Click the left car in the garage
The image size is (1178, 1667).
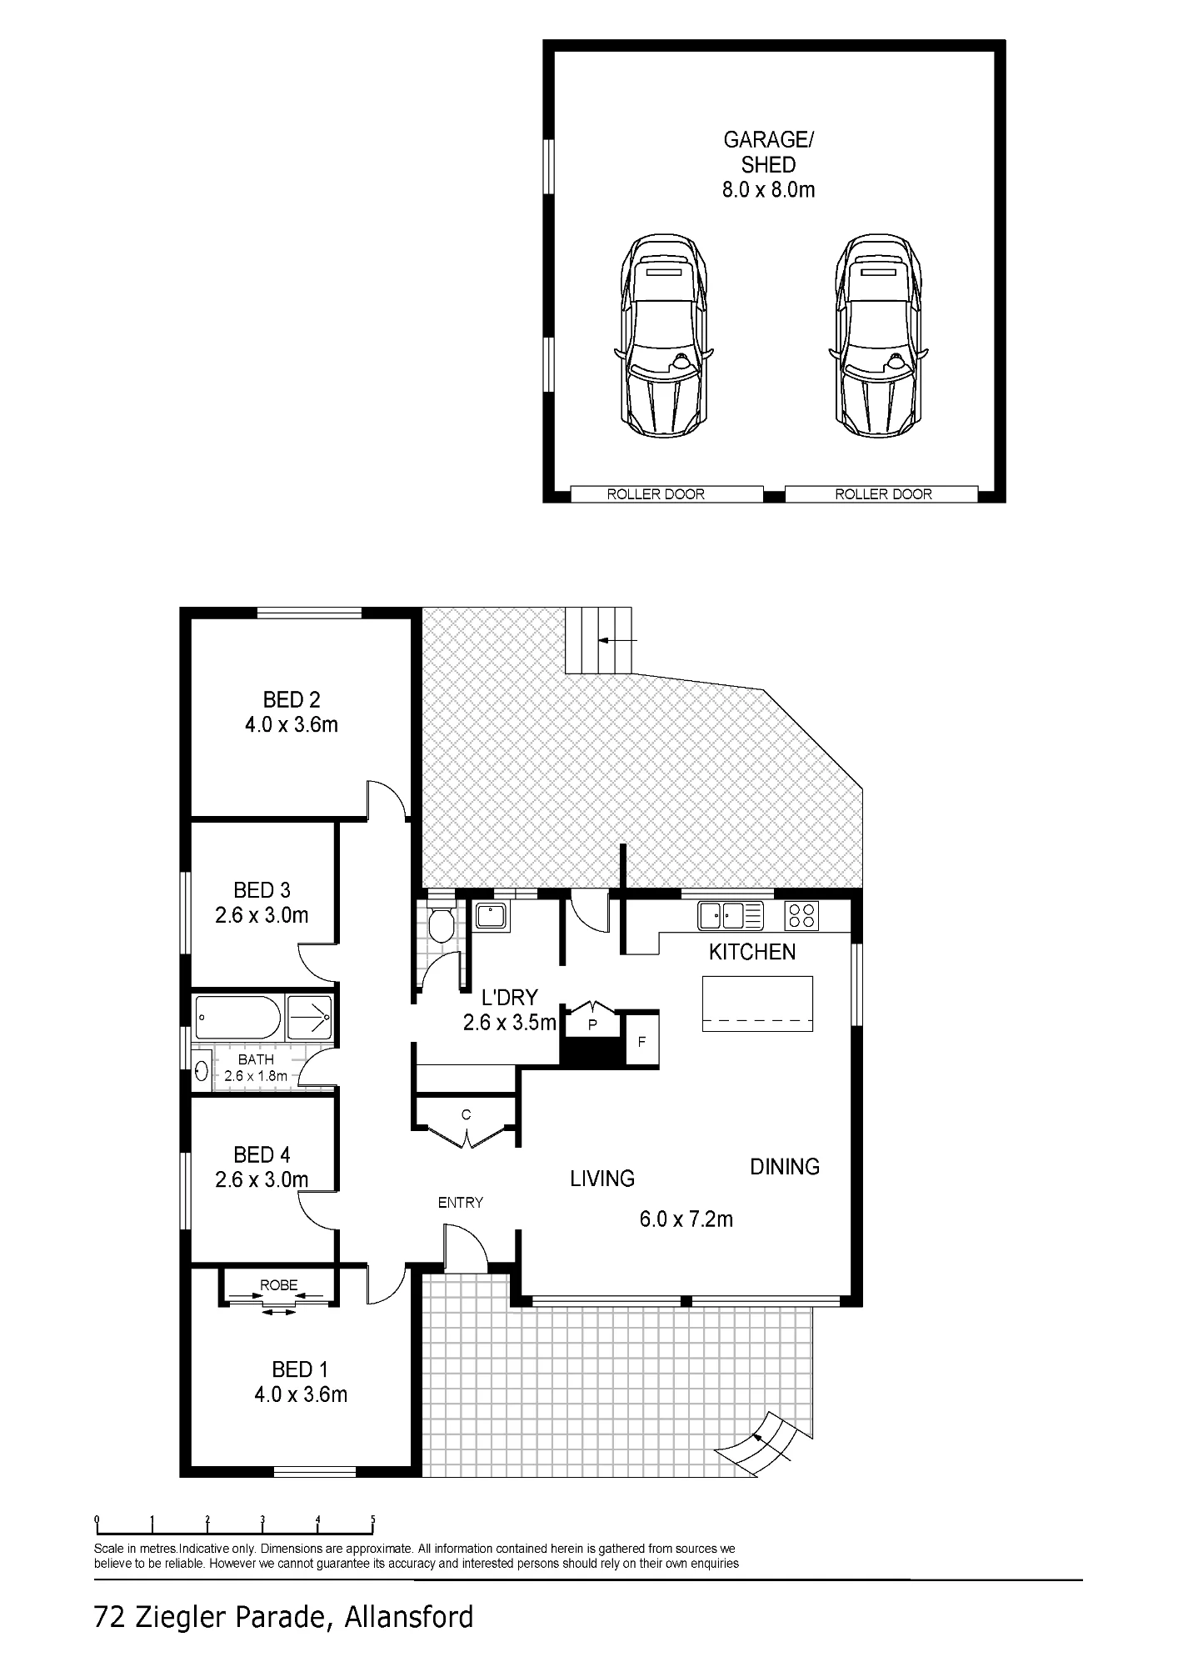pyautogui.click(x=664, y=335)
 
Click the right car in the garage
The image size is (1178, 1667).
pyautogui.click(x=878, y=335)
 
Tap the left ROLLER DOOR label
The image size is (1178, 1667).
pyautogui.click(x=656, y=494)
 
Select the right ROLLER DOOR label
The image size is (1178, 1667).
pyautogui.click(x=883, y=494)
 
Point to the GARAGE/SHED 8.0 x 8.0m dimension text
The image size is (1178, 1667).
pyautogui.click(x=768, y=190)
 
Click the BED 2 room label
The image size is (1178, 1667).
pyautogui.click(x=292, y=700)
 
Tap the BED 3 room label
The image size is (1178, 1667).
pyautogui.click(x=262, y=890)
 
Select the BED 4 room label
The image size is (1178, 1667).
pyautogui.click(x=262, y=1154)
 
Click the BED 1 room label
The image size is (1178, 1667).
pyautogui.click(x=300, y=1369)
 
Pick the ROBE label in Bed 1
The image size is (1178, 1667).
pyautogui.click(x=278, y=1285)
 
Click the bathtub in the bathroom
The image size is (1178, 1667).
pyautogui.click(x=238, y=1018)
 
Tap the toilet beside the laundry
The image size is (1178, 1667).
pyautogui.click(x=440, y=924)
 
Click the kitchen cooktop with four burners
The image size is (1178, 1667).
pyautogui.click(x=802, y=916)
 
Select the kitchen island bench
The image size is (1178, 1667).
pyautogui.click(x=757, y=1004)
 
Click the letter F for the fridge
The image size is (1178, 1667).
pyautogui.click(x=641, y=1042)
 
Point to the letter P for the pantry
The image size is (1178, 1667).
pyautogui.click(x=593, y=1025)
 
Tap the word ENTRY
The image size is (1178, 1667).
pyautogui.click(x=461, y=1202)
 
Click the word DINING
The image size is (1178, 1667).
pyautogui.click(x=785, y=1167)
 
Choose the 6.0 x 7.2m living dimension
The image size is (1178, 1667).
pyautogui.click(x=686, y=1219)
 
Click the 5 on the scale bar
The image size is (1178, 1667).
pyautogui.click(x=372, y=1519)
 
